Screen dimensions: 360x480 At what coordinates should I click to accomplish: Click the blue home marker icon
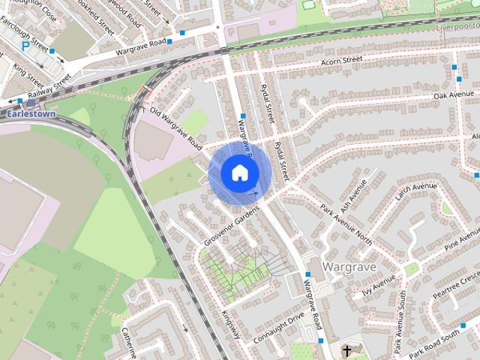(x=239, y=172)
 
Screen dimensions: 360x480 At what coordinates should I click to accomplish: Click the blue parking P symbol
(x=26, y=46)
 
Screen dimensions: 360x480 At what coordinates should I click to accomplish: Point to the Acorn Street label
(x=341, y=60)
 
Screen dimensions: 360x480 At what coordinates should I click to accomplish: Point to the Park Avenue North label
(x=346, y=224)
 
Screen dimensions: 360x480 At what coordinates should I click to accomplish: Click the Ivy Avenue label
(x=379, y=285)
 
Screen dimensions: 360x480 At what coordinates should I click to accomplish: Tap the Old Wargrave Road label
(x=176, y=127)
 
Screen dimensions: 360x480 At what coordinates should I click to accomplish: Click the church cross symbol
(x=347, y=351)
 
